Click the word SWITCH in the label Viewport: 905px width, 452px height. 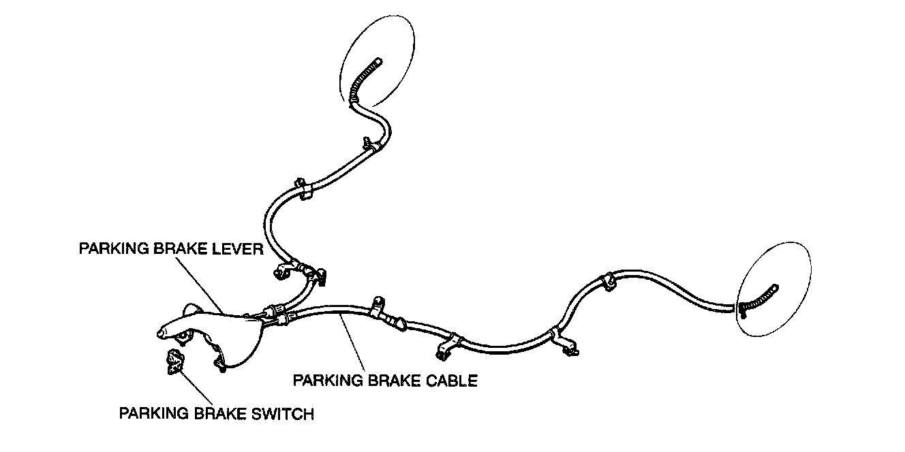(x=283, y=413)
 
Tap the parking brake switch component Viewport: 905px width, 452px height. (x=175, y=361)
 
